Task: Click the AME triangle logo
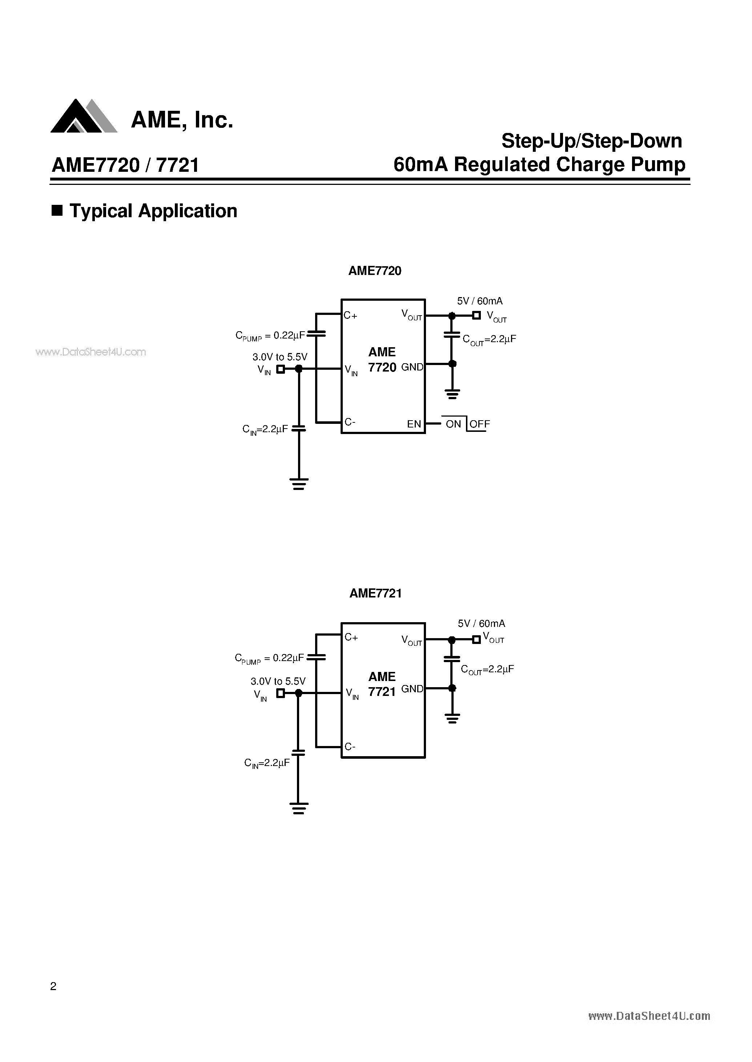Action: (x=83, y=117)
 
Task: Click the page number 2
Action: (x=53, y=986)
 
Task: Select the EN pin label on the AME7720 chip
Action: (x=414, y=424)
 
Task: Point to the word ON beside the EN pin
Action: (x=453, y=424)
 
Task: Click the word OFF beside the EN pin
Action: (x=480, y=424)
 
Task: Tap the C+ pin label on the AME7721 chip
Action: (x=351, y=637)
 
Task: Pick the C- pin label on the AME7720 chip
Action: (x=350, y=422)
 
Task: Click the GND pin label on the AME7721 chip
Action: (x=412, y=689)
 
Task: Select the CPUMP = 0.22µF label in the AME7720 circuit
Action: (x=270, y=336)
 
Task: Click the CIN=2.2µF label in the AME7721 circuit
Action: (x=267, y=763)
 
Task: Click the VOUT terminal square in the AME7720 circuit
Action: (x=476, y=316)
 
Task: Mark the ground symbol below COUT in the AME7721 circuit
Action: (x=453, y=718)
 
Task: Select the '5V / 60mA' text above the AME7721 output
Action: (x=481, y=624)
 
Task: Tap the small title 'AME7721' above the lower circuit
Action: (x=375, y=593)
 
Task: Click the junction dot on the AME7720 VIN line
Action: (x=299, y=369)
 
